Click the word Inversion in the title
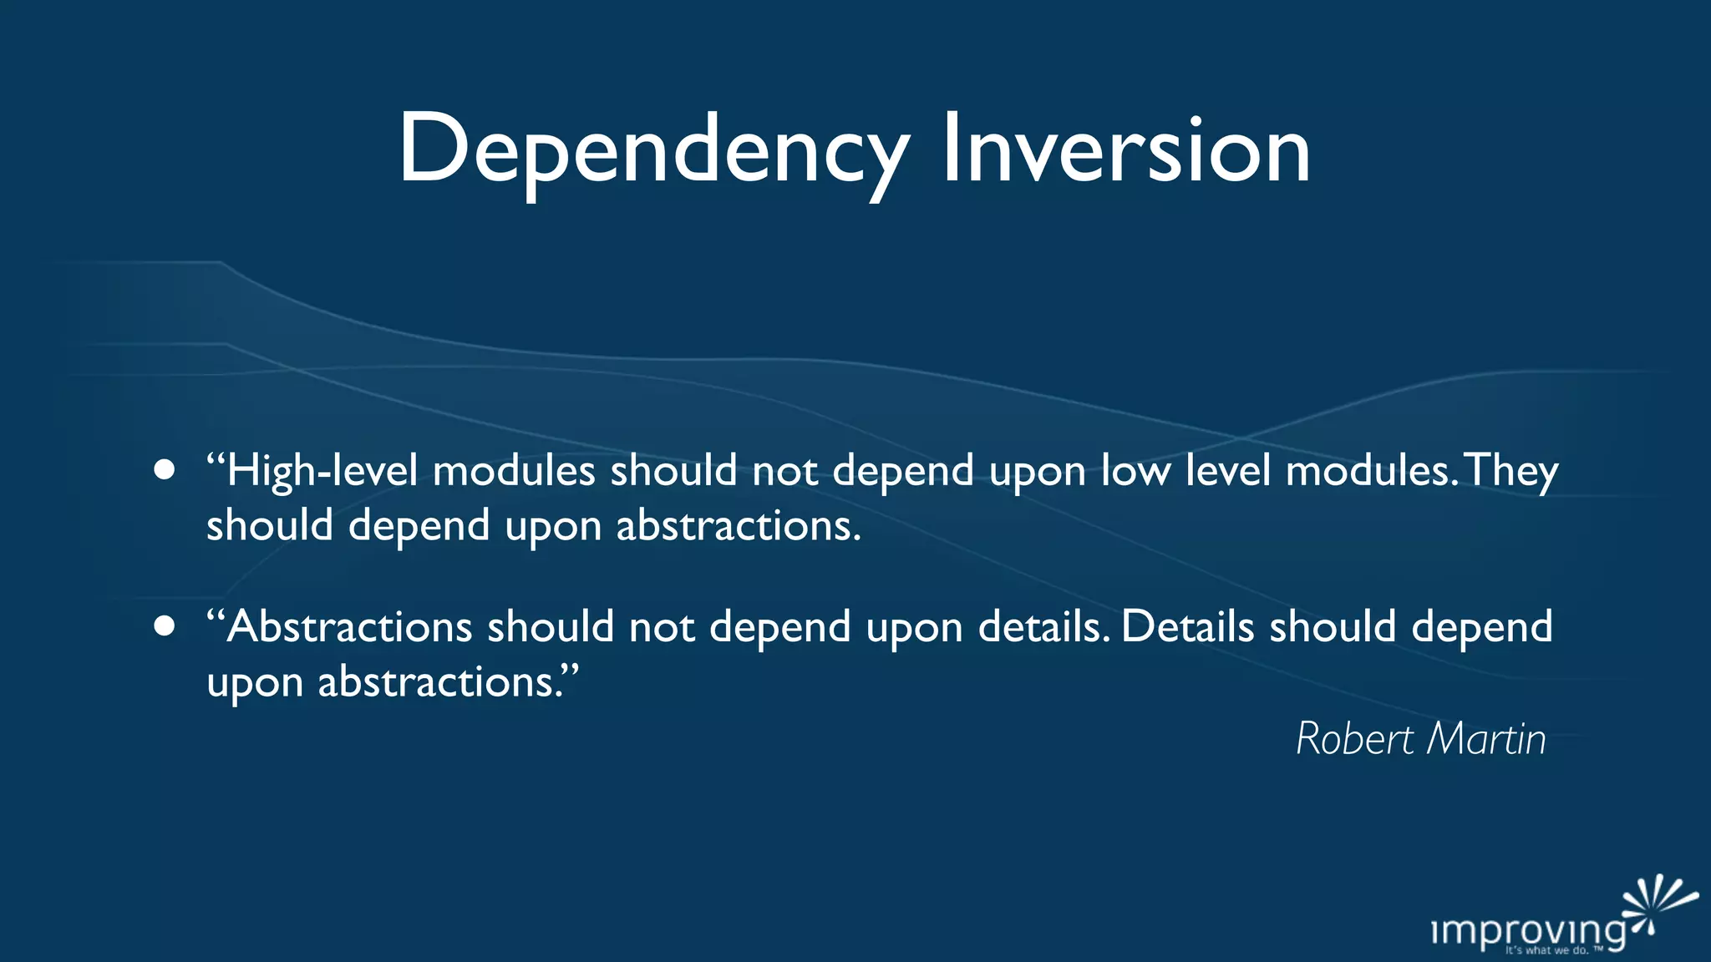click(1125, 150)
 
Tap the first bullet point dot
click(165, 470)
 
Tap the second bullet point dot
click(165, 626)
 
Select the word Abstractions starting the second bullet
click(349, 627)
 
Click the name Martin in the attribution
click(1486, 739)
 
